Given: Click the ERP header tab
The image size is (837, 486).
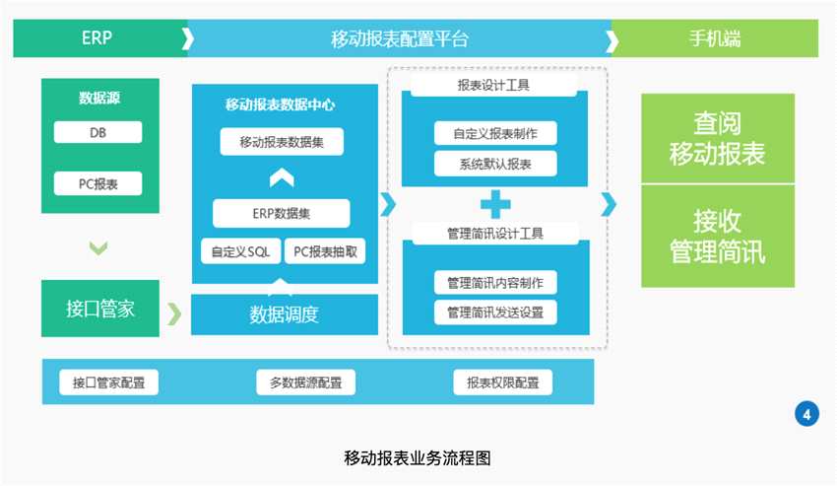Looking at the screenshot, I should (x=97, y=39).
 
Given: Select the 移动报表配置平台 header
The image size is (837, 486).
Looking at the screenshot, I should (x=399, y=39).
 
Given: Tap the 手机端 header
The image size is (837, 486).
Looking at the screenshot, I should (x=715, y=39).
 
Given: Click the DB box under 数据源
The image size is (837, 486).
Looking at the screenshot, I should (x=97, y=133).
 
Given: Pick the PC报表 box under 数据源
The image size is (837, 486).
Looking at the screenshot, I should (x=97, y=183).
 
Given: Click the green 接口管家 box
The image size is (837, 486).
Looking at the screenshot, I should (x=100, y=309).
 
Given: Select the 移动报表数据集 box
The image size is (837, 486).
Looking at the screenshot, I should (x=282, y=142).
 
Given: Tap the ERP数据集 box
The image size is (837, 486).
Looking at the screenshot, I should (x=282, y=213).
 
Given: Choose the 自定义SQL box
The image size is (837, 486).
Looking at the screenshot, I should (x=240, y=251).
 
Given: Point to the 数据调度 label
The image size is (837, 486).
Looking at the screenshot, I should (x=285, y=314).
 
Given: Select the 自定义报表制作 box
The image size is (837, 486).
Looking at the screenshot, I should (x=495, y=133).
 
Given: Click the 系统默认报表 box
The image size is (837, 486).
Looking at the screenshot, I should (x=495, y=164).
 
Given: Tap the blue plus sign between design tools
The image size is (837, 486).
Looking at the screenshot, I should (x=495, y=204).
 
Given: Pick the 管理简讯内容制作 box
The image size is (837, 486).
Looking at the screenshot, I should (x=495, y=283).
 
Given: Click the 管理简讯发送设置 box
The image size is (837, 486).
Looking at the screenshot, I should (x=495, y=312).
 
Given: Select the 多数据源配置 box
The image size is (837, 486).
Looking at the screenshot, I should (x=305, y=382).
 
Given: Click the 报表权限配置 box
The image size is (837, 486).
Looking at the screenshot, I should (x=502, y=382).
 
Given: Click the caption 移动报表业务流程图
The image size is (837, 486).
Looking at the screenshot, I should (x=418, y=457).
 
